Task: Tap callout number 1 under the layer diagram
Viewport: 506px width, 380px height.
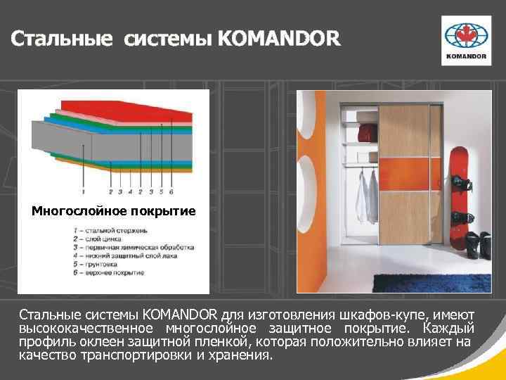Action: click(84, 191)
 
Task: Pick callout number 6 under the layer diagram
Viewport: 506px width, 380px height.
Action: click(171, 191)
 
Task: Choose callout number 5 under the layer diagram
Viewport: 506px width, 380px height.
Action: click(162, 191)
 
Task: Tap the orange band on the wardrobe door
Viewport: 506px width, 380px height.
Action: click(404, 175)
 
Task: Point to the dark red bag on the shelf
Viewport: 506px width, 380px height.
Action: click(367, 133)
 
